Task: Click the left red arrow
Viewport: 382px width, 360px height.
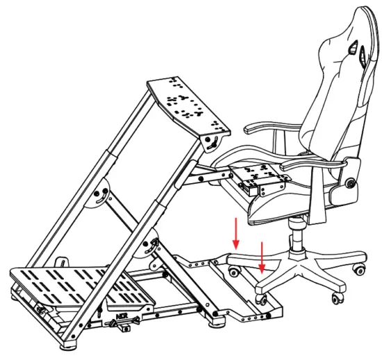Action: pos(236,234)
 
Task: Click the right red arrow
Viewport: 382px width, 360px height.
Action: pos(262,257)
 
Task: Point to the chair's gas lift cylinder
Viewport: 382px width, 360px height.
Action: pos(297,239)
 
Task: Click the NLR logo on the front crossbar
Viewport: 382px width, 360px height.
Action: pos(113,323)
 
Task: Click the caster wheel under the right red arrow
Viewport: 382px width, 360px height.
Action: pos(263,299)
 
